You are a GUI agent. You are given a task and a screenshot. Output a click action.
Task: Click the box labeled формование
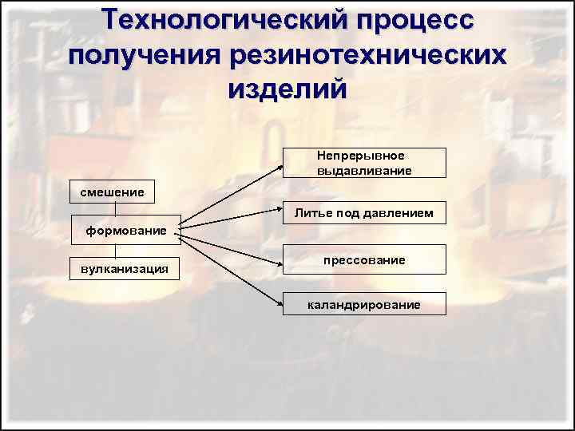click(x=126, y=230)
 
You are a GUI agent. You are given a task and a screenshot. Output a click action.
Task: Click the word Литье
click(x=309, y=213)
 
